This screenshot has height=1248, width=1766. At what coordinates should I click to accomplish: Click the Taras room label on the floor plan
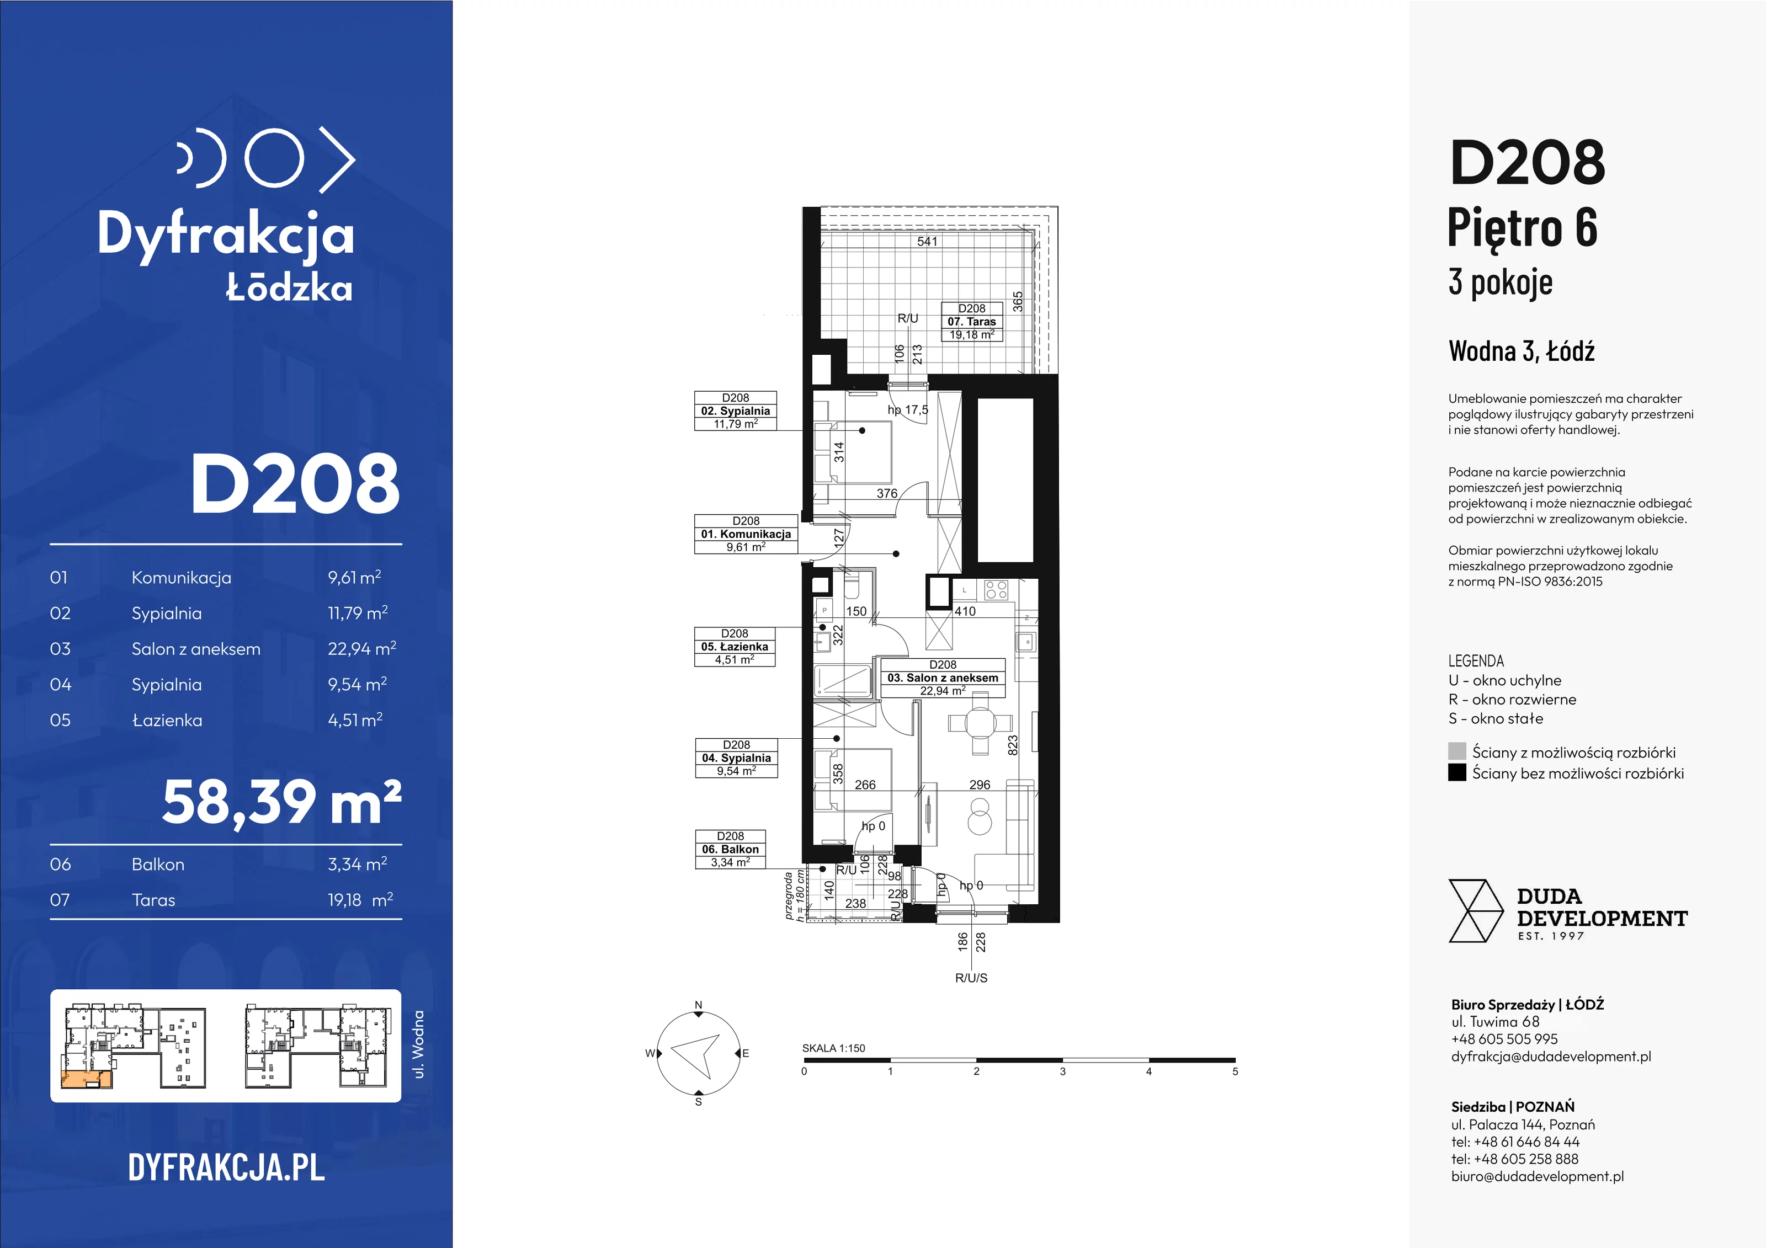[972, 322]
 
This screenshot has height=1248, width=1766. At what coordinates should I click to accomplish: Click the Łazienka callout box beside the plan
[735, 647]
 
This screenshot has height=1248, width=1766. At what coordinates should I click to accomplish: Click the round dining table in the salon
[980, 722]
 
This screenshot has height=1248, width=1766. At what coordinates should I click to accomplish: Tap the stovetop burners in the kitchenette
[996, 590]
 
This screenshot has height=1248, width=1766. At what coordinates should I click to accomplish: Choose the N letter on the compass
[699, 1005]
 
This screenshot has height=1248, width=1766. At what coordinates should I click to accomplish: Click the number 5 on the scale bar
[1235, 1071]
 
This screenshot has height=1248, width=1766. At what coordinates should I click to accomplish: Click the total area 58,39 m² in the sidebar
[281, 803]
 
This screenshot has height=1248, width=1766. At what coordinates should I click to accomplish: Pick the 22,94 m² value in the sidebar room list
[361, 648]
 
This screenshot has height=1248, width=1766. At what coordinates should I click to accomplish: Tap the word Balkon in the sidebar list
[158, 865]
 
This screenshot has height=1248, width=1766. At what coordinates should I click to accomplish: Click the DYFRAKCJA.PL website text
[226, 1167]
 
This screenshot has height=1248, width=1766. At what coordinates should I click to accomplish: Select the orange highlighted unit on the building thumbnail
[86, 1079]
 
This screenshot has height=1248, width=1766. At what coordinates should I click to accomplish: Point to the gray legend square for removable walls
[1457, 751]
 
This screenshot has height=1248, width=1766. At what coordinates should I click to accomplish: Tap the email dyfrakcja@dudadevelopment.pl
[1551, 1057]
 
